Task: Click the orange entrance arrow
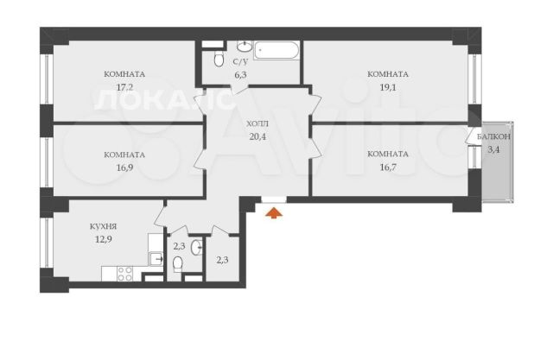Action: (274, 213)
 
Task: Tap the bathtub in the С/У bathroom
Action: (276, 50)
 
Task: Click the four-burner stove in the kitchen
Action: (124, 274)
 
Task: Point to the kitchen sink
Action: (156, 259)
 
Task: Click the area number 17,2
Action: (124, 87)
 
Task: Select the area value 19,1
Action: (388, 87)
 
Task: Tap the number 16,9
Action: (124, 167)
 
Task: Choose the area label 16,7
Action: (388, 167)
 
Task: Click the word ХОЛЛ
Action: (257, 123)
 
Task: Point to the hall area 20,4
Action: (257, 136)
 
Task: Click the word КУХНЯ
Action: (103, 226)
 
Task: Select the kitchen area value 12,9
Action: (103, 239)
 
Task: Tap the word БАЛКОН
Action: (493, 136)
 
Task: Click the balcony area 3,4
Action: (493, 149)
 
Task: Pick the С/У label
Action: (240, 62)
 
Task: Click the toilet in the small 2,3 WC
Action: (178, 264)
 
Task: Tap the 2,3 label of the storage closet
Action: (222, 261)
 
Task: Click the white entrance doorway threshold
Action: (274, 199)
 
